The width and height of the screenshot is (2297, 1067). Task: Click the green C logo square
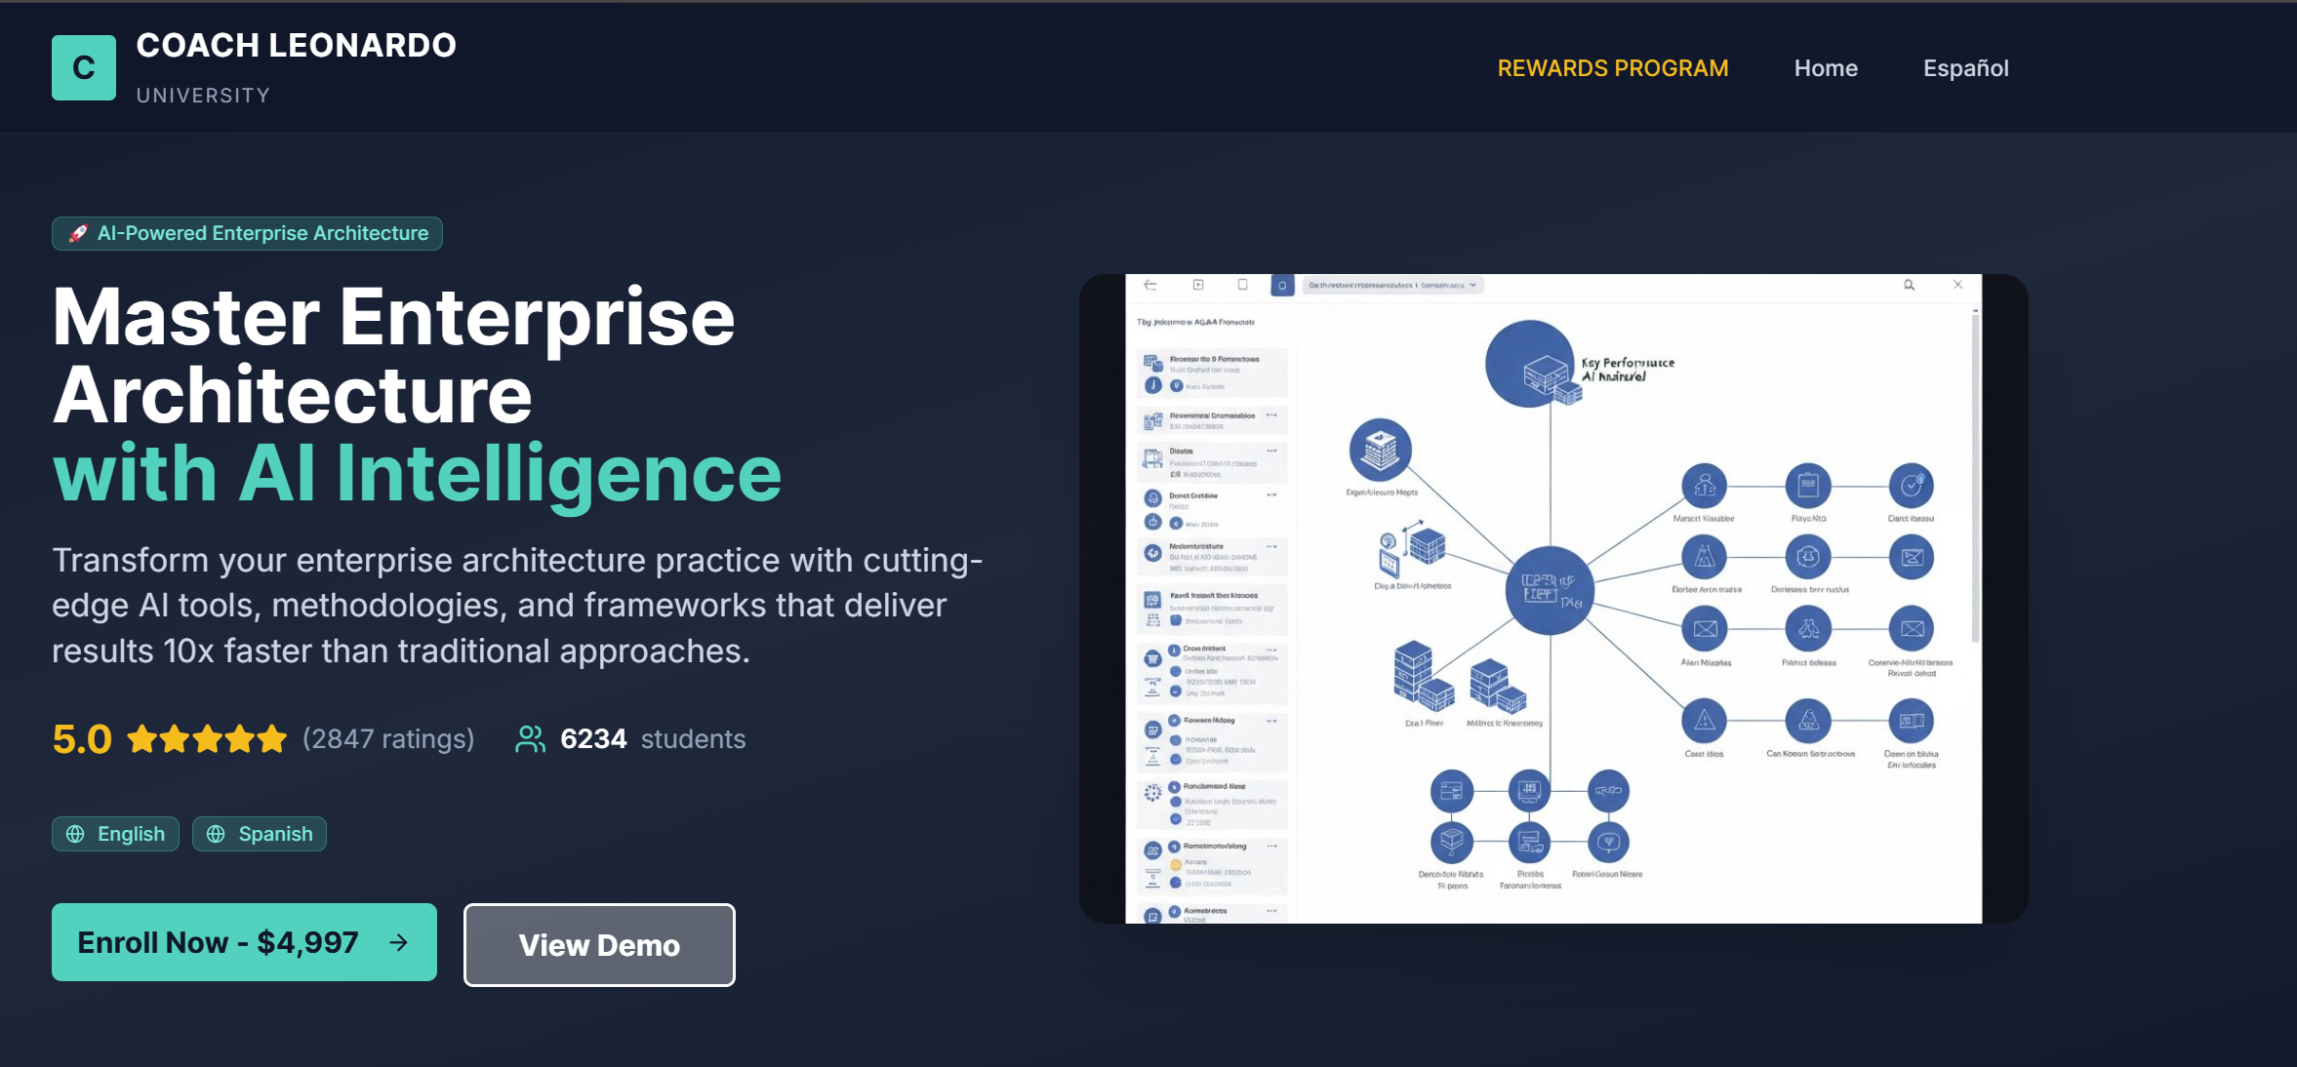(84, 67)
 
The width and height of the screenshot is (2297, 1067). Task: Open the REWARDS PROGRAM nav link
(1612, 68)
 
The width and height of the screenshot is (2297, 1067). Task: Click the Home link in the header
(1825, 68)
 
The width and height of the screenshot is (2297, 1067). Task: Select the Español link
(1965, 68)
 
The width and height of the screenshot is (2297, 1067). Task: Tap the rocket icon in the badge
(78, 233)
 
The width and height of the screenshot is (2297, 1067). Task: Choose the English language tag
(115, 834)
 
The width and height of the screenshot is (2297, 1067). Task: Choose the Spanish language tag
(260, 834)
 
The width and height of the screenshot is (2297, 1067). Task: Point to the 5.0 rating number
(82, 739)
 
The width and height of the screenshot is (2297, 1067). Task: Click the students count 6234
(593, 739)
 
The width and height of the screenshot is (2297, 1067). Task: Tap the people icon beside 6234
(530, 739)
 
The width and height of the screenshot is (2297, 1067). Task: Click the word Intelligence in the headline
(558, 474)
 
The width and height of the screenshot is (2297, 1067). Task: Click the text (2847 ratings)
(388, 739)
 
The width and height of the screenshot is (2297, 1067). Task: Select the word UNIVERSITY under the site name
(203, 96)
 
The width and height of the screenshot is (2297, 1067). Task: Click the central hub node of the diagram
(1549, 590)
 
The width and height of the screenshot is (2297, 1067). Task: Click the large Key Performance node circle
(1529, 364)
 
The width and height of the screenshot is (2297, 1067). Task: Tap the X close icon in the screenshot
(1957, 285)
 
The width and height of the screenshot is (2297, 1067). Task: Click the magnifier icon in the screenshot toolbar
(1909, 285)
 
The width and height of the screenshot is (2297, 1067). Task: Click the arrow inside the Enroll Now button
(398, 942)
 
